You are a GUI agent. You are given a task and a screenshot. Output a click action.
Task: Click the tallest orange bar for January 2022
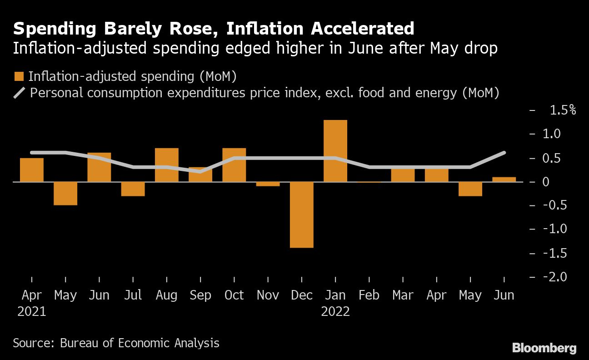click(335, 151)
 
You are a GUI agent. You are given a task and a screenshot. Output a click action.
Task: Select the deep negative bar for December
click(302, 215)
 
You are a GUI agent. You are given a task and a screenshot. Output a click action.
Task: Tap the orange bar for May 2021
click(65, 193)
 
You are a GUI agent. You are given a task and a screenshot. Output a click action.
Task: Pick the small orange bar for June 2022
click(504, 179)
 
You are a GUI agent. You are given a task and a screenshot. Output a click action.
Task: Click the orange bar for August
click(166, 165)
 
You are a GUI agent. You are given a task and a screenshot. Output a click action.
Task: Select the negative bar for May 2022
click(470, 189)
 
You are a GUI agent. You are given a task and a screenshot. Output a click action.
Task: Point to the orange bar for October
click(234, 165)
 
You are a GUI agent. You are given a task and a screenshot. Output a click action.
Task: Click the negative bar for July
click(133, 189)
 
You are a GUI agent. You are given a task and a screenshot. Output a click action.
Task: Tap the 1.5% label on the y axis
click(563, 110)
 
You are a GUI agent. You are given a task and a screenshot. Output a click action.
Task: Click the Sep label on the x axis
click(200, 295)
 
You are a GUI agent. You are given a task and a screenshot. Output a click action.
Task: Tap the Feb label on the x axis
click(369, 295)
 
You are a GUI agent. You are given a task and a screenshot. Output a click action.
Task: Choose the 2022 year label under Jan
click(335, 312)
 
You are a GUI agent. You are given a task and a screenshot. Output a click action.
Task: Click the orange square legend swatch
click(19, 76)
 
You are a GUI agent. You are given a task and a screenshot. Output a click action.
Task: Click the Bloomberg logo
click(544, 348)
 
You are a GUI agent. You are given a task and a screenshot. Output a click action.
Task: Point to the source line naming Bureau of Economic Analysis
click(116, 343)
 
